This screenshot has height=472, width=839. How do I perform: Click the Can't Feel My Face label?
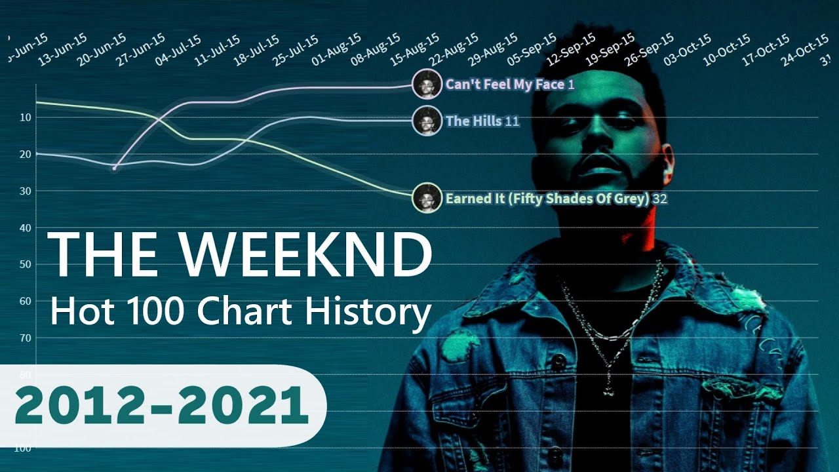point(505,85)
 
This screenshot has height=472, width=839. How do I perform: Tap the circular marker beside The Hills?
point(427,121)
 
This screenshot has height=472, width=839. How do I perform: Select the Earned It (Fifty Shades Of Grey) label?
point(547,199)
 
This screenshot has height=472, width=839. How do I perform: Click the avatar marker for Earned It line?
point(427,198)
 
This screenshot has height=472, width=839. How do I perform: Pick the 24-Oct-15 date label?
point(805,52)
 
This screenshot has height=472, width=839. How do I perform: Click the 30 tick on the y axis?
point(26,191)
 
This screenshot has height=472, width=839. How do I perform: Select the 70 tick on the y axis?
point(26,338)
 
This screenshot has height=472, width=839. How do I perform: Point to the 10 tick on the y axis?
point(26,118)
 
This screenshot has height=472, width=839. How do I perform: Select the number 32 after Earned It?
point(660,199)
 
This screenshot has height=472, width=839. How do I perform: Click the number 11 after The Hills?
point(513,122)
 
